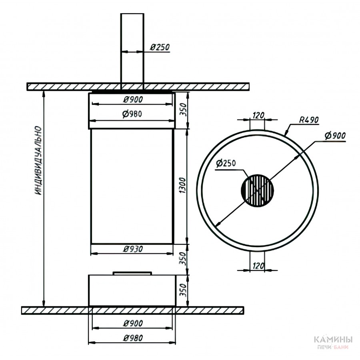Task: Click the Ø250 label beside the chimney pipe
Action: point(160,47)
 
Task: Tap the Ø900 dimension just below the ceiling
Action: point(133,100)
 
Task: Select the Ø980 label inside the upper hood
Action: point(132,114)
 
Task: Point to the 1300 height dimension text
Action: point(183,185)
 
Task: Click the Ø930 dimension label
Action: point(133,249)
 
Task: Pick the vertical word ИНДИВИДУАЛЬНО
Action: point(38,160)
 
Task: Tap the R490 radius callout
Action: point(309,120)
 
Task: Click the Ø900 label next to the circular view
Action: point(335,136)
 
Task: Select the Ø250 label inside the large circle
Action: point(226,163)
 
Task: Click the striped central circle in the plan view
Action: point(257,190)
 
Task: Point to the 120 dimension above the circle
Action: point(258,115)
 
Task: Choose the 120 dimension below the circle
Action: point(258,266)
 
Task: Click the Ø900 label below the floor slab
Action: point(133,324)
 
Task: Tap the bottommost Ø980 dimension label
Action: point(133,338)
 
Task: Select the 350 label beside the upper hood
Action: point(183,110)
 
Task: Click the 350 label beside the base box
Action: point(183,290)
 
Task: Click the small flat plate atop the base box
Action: point(132,273)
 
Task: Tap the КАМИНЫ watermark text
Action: point(333,339)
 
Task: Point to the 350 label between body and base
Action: point(183,258)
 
